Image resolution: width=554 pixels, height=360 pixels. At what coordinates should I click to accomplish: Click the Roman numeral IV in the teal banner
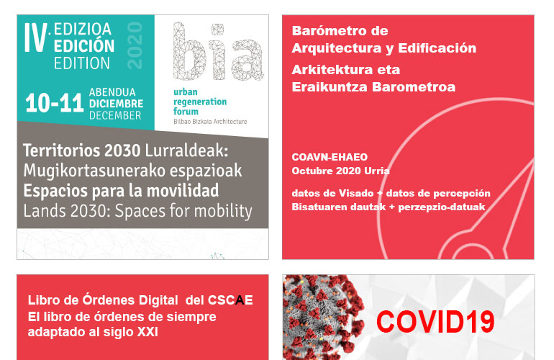(x=36, y=38)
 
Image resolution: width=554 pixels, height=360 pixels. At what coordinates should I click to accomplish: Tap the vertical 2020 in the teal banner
(x=135, y=45)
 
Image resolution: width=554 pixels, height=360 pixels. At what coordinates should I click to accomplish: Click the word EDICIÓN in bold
(x=84, y=46)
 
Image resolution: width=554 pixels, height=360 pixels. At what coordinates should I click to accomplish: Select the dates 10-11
(x=55, y=103)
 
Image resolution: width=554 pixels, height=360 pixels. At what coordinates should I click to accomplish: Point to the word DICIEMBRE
(x=117, y=104)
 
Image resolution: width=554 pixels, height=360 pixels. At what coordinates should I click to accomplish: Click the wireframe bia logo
(x=218, y=51)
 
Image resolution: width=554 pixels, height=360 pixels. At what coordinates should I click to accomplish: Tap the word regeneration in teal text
(x=200, y=102)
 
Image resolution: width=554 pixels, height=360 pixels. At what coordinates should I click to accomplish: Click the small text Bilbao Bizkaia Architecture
(x=210, y=121)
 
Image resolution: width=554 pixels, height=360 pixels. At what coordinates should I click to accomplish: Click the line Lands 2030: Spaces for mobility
(x=138, y=211)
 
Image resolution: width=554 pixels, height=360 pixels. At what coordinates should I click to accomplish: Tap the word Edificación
(x=437, y=48)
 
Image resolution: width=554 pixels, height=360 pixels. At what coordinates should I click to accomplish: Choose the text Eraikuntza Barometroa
(x=373, y=87)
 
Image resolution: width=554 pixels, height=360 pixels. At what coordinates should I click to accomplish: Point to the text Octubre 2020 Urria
(x=340, y=171)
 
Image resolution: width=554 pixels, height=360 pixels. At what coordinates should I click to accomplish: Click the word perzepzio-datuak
(x=442, y=207)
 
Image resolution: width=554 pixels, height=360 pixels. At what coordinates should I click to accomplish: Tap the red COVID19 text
(x=435, y=321)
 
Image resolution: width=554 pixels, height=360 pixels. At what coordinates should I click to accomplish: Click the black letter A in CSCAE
(x=240, y=300)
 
